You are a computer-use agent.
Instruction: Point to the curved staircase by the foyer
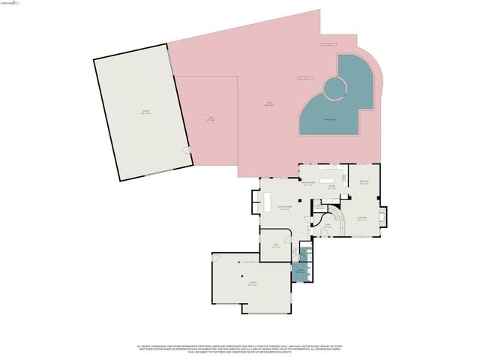coord(338,218)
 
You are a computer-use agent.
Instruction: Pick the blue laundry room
coord(300,271)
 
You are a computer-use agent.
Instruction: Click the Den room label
coord(275,245)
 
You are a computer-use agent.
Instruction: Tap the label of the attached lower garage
coord(253,284)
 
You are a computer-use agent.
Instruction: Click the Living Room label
coord(361,219)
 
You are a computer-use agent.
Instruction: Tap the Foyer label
coord(326,224)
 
